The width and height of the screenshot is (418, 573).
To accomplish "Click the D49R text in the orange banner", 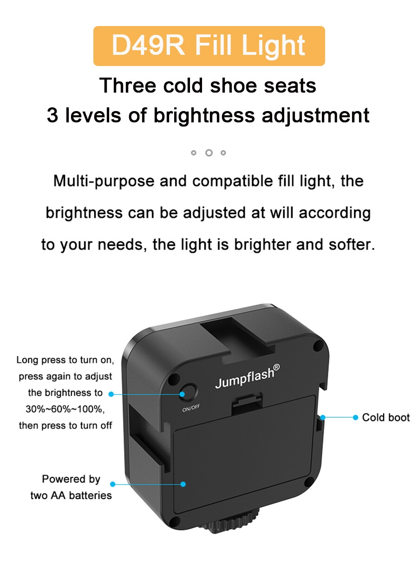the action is point(148,45).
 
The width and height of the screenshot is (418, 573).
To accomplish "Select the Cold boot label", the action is point(385,417).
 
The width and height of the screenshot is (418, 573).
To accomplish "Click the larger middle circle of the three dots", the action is point(209,153).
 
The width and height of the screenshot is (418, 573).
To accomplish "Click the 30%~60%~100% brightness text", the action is point(65,409).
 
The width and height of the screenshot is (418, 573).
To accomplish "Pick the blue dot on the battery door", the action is point(183,484).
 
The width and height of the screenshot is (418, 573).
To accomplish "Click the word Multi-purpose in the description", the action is point(104,181).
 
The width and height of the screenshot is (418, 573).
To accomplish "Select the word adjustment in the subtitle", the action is point(315,116).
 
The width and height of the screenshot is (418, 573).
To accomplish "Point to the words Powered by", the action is point(71,479).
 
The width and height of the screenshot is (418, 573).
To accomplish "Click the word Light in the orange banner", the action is point(273,46).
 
